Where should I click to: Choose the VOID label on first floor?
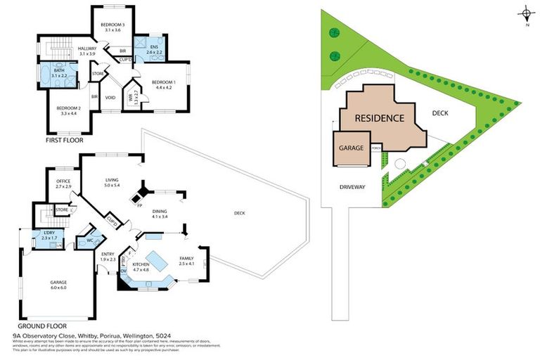point(110,98)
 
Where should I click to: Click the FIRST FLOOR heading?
point(64,141)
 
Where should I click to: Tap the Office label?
point(63,184)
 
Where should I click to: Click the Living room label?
point(112,182)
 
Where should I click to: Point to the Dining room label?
point(160,214)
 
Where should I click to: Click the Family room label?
point(186,261)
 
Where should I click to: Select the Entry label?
point(108,257)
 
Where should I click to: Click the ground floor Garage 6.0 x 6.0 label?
point(58,285)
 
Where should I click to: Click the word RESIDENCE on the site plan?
point(379,118)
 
